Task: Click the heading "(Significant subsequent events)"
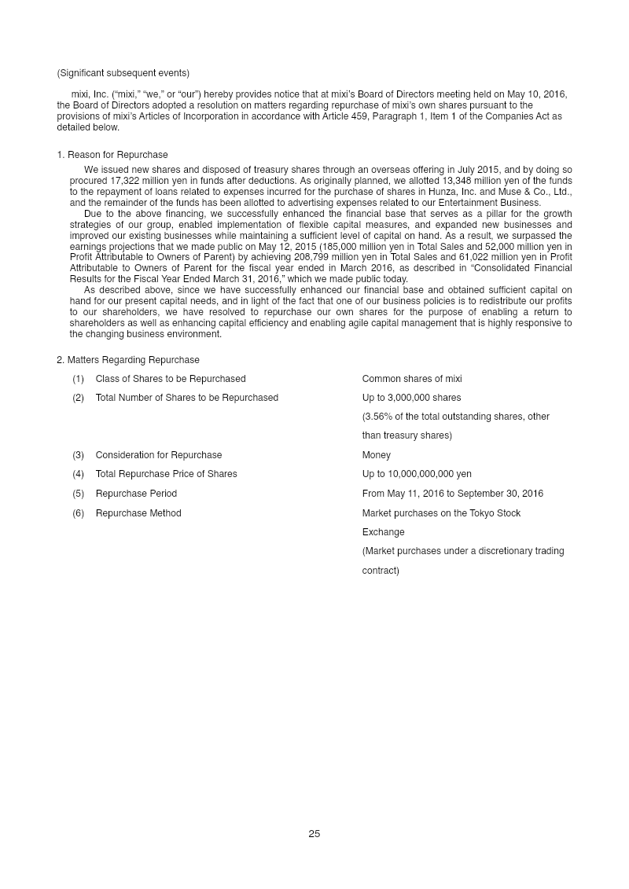coord(123,73)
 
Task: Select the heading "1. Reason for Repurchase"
coord(112,155)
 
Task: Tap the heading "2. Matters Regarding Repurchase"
coord(128,360)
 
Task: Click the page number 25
coord(314,834)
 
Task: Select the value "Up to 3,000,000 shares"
coord(411,398)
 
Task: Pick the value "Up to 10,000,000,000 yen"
coord(417,474)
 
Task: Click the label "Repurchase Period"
coord(136,494)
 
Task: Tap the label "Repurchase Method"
coord(138,513)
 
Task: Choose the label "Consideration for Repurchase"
coord(159,455)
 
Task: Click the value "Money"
coord(376,455)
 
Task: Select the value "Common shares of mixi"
coord(412,379)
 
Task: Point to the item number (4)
coord(78,474)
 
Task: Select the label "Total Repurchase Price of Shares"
coord(166,474)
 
